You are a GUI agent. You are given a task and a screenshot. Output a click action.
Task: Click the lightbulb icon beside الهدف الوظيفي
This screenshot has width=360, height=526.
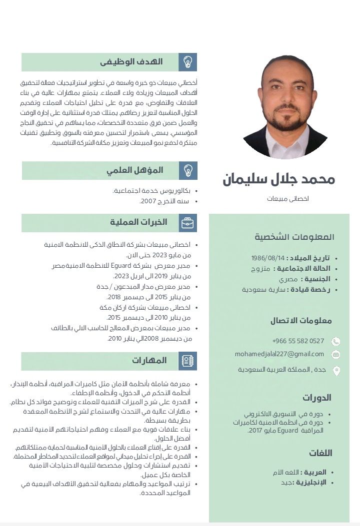(188, 62)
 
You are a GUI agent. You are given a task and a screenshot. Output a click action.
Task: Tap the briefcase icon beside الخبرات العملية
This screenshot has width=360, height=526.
(188, 223)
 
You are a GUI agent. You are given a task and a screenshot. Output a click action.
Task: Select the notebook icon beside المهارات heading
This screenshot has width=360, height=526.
(188, 361)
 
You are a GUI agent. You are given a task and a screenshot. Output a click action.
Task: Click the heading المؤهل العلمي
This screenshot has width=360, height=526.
(135, 170)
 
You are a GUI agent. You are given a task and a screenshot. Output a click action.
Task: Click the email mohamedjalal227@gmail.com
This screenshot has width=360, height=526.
(279, 354)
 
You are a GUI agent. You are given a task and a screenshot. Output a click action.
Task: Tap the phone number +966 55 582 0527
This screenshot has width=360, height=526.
(298, 341)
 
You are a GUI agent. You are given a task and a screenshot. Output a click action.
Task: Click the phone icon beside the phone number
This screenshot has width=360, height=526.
(336, 342)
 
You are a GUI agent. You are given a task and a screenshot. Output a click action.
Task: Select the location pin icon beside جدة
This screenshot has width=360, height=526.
(336, 371)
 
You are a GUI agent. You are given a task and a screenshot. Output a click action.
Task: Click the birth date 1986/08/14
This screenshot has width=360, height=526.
(267, 258)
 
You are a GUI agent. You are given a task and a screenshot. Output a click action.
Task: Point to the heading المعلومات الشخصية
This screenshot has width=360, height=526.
(294, 237)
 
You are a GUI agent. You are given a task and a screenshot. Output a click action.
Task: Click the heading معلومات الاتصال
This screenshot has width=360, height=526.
(301, 321)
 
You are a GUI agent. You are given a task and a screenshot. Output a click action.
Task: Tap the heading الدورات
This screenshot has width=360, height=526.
(317, 398)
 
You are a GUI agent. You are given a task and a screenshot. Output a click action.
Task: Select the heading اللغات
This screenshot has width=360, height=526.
(320, 453)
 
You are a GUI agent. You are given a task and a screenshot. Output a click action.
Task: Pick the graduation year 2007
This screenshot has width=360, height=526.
(148, 201)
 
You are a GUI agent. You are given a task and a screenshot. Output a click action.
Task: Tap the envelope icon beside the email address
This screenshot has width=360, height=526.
(336, 355)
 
